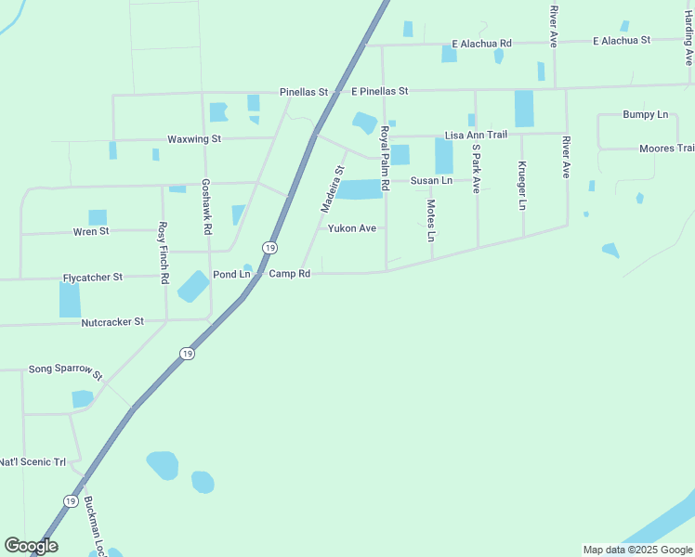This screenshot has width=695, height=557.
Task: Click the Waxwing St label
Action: click(x=193, y=139)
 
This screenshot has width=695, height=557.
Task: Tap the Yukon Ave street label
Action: click(x=351, y=228)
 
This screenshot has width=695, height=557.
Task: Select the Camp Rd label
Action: click(x=289, y=274)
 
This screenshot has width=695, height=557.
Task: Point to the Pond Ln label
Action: click(x=231, y=275)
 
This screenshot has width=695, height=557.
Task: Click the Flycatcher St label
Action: click(x=92, y=278)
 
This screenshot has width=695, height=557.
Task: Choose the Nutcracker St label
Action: click(x=111, y=322)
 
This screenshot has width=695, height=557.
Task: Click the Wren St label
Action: click(x=91, y=231)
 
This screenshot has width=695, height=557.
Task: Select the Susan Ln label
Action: click(x=431, y=180)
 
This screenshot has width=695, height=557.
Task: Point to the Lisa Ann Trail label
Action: click(x=476, y=136)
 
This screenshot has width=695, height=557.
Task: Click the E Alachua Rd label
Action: click(x=481, y=44)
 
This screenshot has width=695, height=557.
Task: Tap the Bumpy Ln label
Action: click(x=645, y=115)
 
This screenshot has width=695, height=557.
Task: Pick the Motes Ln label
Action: click(x=431, y=220)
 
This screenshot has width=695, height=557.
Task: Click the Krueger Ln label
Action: click(x=522, y=186)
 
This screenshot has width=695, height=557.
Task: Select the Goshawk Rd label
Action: click(x=206, y=206)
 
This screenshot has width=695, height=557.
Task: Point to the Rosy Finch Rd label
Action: click(x=163, y=252)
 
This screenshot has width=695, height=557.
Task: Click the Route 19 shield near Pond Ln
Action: click(x=269, y=248)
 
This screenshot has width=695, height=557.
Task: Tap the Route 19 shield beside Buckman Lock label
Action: click(x=71, y=501)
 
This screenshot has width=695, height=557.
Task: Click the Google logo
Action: click(x=31, y=546)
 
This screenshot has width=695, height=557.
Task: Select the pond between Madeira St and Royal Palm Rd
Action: click(x=359, y=189)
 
